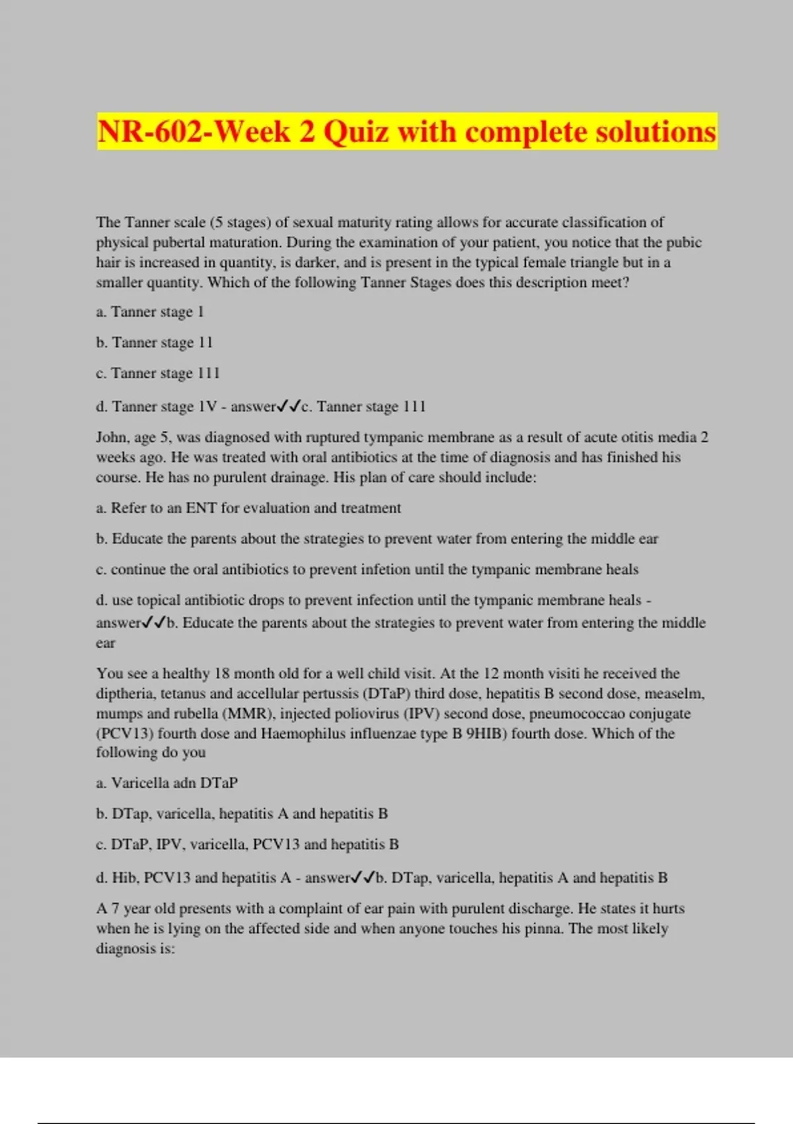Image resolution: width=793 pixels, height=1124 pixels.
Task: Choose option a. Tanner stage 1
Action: click(x=150, y=311)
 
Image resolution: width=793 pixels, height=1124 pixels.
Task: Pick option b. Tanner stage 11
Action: click(x=154, y=342)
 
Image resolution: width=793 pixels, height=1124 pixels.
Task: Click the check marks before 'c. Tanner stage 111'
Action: click(x=289, y=406)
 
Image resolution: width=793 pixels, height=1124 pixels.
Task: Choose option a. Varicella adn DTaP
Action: click(x=167, y=783)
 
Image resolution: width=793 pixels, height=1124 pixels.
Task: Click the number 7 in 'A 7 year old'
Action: click(x=115, y=908)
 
